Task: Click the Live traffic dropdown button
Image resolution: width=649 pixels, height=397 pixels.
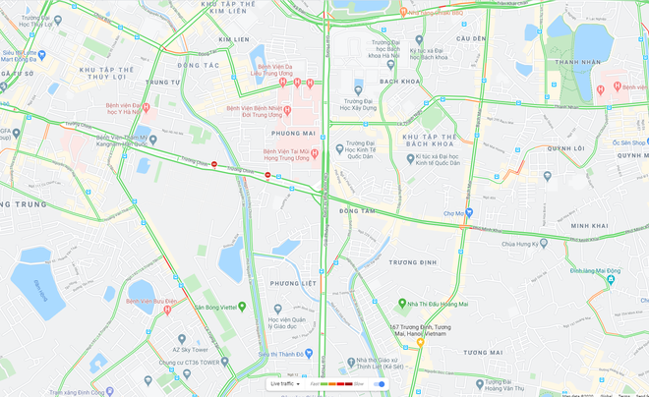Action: coord(284,383)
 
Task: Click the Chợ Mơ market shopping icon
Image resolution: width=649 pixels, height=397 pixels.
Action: coord(470,213)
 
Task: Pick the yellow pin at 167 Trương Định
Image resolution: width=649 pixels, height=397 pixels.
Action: coord(420,343)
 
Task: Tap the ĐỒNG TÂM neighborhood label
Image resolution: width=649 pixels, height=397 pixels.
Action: coord(356,210)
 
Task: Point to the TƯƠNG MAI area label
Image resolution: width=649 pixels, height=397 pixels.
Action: coord(483,352)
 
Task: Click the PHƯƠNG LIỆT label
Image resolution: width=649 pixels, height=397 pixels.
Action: coord(291,284)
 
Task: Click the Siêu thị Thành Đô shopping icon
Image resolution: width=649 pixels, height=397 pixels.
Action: coord(309,353)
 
